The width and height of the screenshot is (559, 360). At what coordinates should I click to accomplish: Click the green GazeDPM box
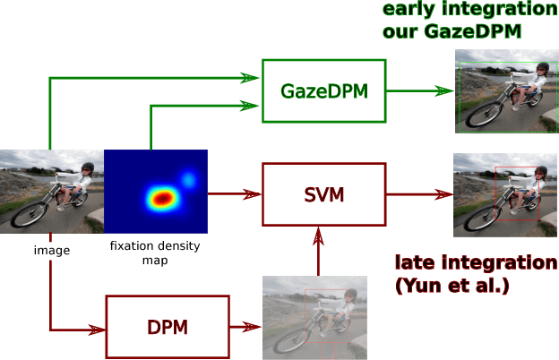pyautogui.click(x=323, y=90)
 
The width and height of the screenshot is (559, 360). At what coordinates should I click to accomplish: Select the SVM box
pyautogui.click(x=323, y=193)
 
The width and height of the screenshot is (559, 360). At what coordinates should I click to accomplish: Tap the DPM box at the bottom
pyautogui.click(x=168, y=327)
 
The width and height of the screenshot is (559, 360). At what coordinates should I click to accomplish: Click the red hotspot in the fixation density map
pyautogui.click(x=161, y=197)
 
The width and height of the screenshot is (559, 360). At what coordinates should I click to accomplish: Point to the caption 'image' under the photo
pyautogui.click(x=51, y=250)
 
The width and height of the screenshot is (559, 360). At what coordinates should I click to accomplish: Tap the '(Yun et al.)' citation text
pyautogui.click(x=452, y=286)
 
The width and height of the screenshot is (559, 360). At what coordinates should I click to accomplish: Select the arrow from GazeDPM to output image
pyautogui.click(x=419, y=91)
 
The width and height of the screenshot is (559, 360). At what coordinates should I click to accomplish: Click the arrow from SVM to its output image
pyautogui.click(x=419, y=193)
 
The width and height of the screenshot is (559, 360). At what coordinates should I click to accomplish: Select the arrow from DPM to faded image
pyautogui.click(x=246, y=328)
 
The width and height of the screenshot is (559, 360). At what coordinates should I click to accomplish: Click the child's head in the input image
pyautogui.click(x=86, y=169)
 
